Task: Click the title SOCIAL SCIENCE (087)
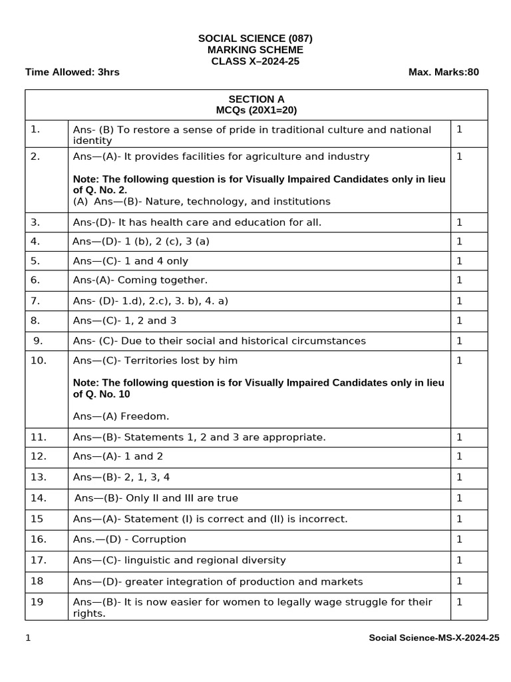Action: [x=255, y=39]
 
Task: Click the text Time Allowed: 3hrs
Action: [x=72, y=72]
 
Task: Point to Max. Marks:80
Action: [x=443, y=72]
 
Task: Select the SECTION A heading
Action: [x=256, y=99]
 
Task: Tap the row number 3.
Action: [x=35, y=222]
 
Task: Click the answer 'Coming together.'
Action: [x=163, y=280]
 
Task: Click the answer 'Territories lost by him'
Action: [x=178, y=360]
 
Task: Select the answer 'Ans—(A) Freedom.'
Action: [x=121, y=416]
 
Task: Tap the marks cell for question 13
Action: [x=459, y=477]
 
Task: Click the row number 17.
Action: [x=38, y=559]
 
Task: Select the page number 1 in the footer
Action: [x=28, y=638]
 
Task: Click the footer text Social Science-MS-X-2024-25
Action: [x=434, y=638]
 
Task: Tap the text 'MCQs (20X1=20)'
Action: [x=256, y=111]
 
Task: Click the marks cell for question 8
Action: [x=459, y=320]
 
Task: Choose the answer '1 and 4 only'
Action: [x=153, y=261]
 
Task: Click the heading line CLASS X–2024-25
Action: [x=255, y=61]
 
